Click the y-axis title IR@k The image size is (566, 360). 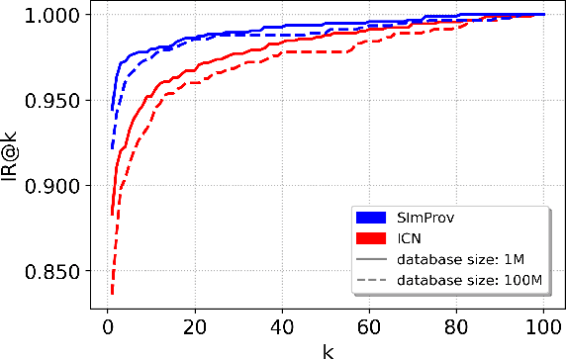click(14, 157)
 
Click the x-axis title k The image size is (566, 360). click(326, 350)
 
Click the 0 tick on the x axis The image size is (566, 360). click(108, 327)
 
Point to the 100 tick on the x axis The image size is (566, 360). click(543, 327)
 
